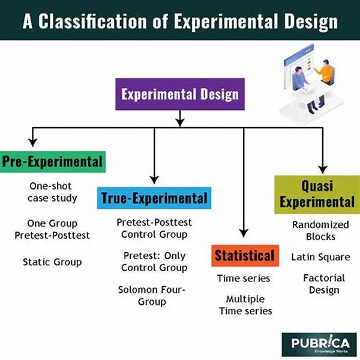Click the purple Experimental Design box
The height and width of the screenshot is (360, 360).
pos(180,94)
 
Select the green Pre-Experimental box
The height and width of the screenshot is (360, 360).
pos(53,161)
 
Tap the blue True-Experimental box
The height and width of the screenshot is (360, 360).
pos(154,198)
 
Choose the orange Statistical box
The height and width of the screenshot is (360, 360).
pos(245,256)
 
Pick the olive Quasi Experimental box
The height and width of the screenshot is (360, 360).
pos(317,194)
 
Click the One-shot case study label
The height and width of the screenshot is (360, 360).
pos(52,192)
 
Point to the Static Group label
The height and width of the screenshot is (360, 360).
pos(52,262)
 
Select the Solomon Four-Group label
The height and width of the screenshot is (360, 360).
pos(152,296)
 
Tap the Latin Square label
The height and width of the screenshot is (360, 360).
pos(321,257)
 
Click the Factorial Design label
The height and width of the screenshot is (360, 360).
pos(324,284)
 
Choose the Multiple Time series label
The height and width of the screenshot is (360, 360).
pos(245,305)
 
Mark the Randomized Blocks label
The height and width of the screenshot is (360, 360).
pos(320,230)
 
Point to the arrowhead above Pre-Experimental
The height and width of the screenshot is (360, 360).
pos(33,143)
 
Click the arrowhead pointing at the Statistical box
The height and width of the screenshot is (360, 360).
pos(244,233)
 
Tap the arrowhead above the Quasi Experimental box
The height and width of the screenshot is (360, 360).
pos(323,170)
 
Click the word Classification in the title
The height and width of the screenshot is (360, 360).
pos(92,22)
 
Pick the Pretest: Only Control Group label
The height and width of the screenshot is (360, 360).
pos(154,262)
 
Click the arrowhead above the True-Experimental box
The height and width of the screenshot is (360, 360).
pos(154,180)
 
